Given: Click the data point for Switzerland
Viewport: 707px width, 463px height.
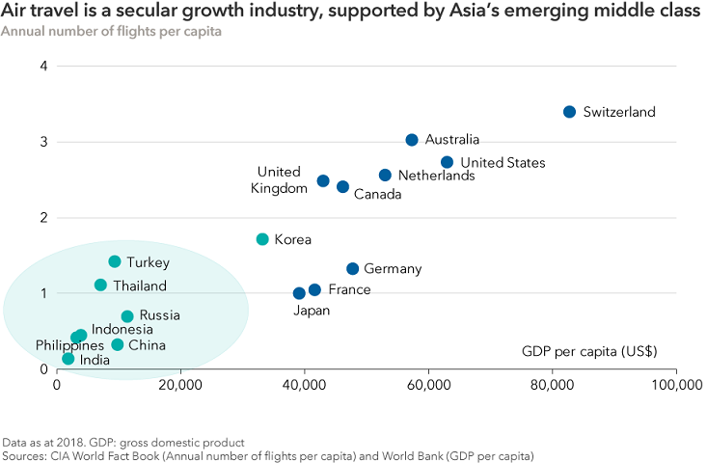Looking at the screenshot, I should (x=569, y=112).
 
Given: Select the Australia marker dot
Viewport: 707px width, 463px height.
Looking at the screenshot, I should (x=412, y=140).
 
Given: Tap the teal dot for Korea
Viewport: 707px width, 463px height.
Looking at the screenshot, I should (x=262, y=239).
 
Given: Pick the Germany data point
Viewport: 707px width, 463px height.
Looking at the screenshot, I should (x=352, y=269).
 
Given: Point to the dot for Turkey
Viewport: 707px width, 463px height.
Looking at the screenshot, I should (x=115, y=261).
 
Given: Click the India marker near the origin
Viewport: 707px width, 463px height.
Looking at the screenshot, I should (x=68, y=359).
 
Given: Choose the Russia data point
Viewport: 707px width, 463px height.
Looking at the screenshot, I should (x=127, y=316).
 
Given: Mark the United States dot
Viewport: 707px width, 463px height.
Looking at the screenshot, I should (x=447, y=162).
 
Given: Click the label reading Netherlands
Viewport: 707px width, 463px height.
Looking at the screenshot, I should (x=436, y=177).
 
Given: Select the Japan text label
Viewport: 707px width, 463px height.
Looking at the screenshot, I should (x=313, y=311).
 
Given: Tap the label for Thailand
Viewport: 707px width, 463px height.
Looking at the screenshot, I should (x=139, y=286).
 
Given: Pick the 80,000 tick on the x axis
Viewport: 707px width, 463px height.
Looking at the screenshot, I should (x=552, y=386).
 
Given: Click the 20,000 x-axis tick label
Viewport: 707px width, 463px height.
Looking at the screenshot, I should (x=180, y=386).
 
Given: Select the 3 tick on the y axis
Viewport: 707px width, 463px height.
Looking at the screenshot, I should (x=44, y=142).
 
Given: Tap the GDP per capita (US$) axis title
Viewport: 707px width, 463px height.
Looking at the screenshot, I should (x=589, y=350).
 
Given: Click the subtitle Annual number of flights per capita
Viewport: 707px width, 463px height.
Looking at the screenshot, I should (x=111, y=32).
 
